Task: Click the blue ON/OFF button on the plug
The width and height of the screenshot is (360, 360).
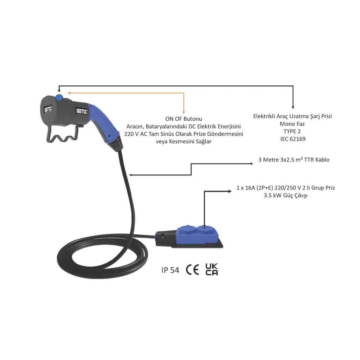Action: [x=59, y=98]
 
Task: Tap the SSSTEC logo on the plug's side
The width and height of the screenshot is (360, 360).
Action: [x=82, y=111]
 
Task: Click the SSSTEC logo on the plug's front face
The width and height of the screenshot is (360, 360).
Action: [x=48, y=109]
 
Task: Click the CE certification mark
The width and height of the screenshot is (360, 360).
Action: [x=192, y=270]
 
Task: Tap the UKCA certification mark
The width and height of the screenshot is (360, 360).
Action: [x=212, y=269]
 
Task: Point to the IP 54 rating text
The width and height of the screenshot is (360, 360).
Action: [x=170, y=270]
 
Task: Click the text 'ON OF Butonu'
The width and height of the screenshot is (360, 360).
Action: [x=184, y=119]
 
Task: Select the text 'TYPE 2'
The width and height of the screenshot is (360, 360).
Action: [x=292, y=131]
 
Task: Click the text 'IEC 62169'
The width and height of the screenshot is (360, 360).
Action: [x=293, y=139]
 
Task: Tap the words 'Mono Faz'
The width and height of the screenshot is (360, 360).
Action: [x=292, y=124]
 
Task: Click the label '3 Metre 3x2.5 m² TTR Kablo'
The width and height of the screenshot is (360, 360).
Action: [x=294, y=160]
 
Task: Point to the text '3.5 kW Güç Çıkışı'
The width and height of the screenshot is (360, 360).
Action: [x=285, y=195]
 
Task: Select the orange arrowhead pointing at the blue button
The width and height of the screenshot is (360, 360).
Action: [x=69, y=93]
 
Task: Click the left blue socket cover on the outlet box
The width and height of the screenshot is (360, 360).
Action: [x=188, y=230]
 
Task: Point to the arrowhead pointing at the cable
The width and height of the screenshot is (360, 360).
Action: [x=131, y=175]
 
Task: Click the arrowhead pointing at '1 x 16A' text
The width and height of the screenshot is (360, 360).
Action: [x=230, y=191]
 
